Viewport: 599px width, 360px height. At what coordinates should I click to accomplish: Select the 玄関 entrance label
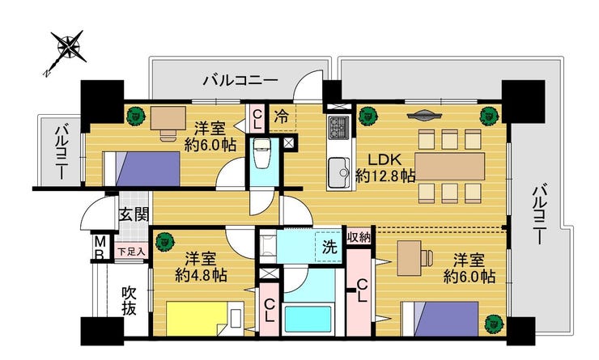tap(134, 215)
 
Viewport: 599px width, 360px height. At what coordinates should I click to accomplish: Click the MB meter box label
tap(100, 248)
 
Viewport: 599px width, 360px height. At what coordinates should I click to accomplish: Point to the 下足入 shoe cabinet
tap(131, 252)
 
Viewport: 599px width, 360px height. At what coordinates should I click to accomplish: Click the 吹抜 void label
tap(130, 301)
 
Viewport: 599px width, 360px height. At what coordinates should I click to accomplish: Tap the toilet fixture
tap(262, 156)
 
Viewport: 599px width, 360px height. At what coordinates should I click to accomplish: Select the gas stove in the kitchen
tap(338, 127)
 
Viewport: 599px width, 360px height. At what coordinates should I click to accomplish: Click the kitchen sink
tap(339, 172)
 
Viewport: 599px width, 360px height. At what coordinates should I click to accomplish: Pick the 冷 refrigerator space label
tap(281, 116)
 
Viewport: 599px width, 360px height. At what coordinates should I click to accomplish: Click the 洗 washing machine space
tap(329, 247)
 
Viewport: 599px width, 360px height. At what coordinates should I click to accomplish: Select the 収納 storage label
tap(359, 238)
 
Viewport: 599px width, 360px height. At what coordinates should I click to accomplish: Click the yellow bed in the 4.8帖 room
tap(199, 319)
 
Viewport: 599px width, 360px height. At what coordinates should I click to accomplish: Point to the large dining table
tap(449, 167)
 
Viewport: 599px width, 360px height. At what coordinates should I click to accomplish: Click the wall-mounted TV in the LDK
tap(424, 115)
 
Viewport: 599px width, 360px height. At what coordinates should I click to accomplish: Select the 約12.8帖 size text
tap(385, 176)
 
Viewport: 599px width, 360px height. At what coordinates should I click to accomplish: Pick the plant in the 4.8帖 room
tap(164, 241)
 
